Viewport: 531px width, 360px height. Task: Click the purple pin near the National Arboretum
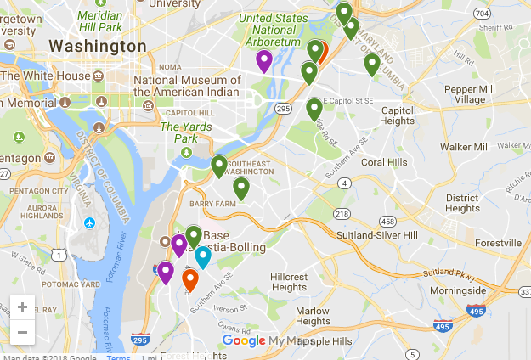(x=264, y=60)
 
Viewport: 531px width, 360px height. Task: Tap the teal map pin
(x=203, y=256)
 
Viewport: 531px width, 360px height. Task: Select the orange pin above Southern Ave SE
(x=190, y=279)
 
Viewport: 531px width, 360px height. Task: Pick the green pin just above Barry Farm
(x=241, y=188)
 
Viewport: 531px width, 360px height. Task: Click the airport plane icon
(x=90, y=223)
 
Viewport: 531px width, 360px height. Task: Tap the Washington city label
(x=98, y=45)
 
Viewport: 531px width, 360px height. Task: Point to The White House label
(x=50, y=76)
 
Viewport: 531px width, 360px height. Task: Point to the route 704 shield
(x=483, y=14)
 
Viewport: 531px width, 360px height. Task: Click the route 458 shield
(x=387, y=222)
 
